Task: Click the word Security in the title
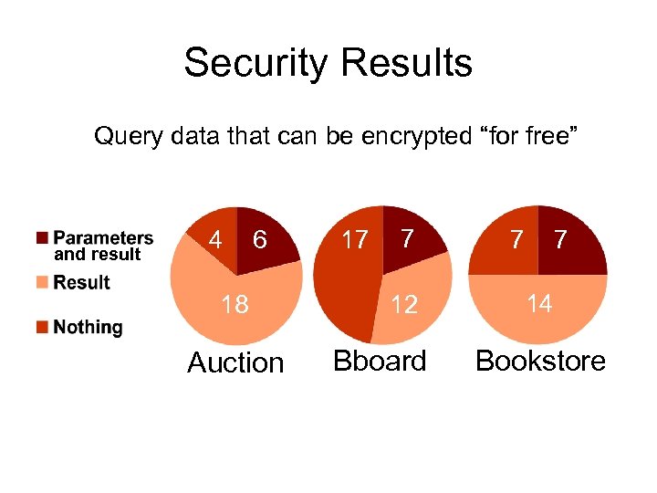coord(252,63)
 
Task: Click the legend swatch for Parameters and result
coord(42,238)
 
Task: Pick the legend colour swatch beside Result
coord(42,283)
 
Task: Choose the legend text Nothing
coord(88,327)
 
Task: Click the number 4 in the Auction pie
coord(215,240)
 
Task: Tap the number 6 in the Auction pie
coord(260,240)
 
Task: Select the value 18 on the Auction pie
coord(235,304)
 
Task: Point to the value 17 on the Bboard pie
coord(354,240)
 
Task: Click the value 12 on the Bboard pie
coord(404,304)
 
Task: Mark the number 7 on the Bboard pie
coord(407,238)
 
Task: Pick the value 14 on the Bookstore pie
coord(539,303)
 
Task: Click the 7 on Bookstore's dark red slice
coord(561,240)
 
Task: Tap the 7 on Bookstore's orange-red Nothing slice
coord(516,240)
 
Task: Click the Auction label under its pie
coord(235,362)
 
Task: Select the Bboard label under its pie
coord(380,361)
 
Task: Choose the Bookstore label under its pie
coord(540,361)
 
